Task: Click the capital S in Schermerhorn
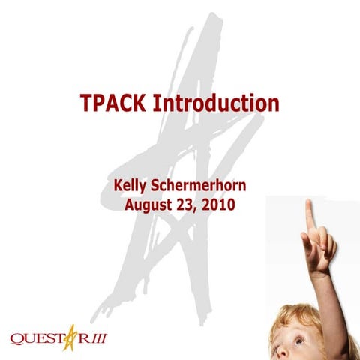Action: click(155, 183)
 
